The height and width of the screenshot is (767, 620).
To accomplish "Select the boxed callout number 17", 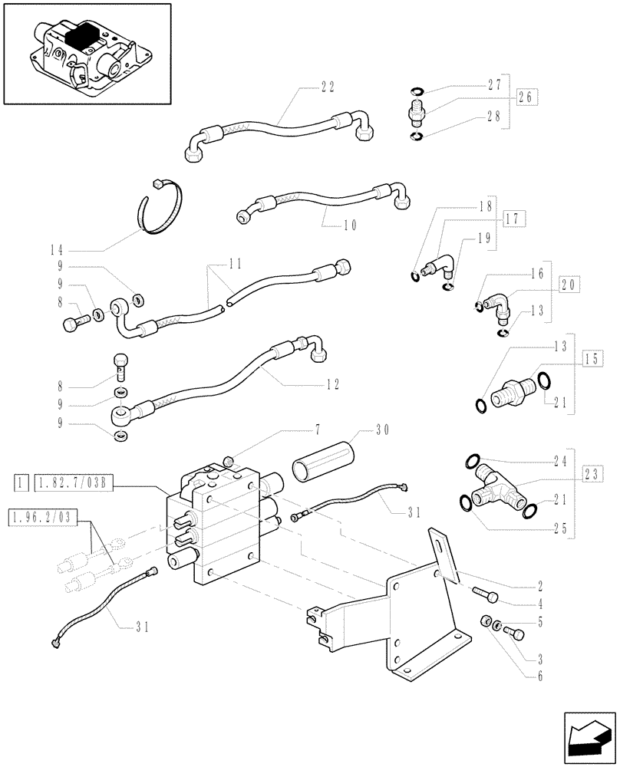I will point(514,219).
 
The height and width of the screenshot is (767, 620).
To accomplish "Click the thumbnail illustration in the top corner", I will point(85,54).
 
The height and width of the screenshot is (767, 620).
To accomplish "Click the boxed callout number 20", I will point(569,285).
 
